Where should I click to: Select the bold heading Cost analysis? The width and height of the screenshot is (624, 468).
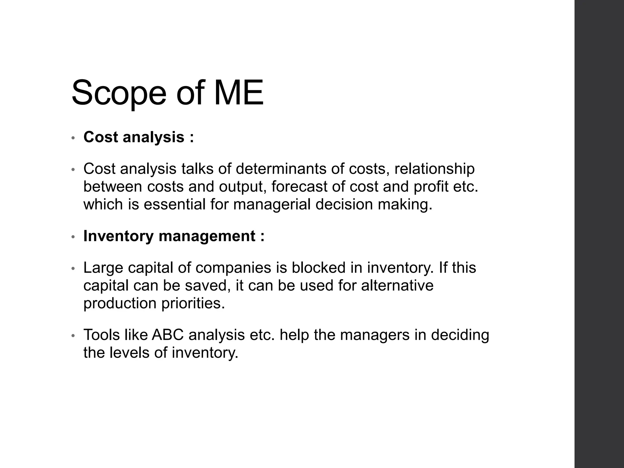[134, 137]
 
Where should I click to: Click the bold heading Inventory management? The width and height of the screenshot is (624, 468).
[169, 236]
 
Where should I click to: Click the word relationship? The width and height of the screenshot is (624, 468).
[434, 169]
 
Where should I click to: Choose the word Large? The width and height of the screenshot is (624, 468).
[103, 268]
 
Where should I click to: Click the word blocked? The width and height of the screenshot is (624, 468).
[318, 268]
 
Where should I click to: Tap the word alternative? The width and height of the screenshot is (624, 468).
[397, 285]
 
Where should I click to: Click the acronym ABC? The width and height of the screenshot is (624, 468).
[168, 335]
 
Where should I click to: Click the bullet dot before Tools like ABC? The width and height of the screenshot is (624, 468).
[73, 336]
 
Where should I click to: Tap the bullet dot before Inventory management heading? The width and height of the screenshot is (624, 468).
[73, 237]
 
